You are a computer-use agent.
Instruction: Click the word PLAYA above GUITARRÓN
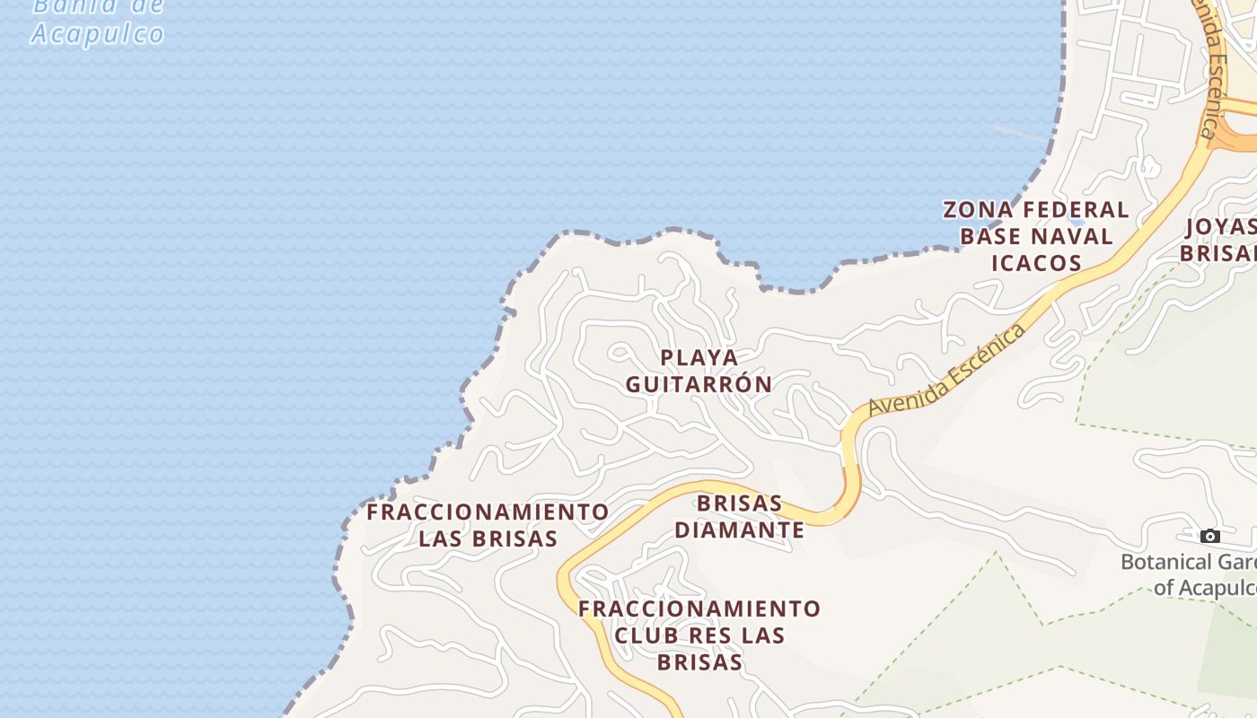tap(699, 357)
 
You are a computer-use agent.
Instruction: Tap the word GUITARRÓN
tap(699, 384)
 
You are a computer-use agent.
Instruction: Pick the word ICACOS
tap(1036, 263)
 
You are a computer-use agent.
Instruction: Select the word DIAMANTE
tap(740, 530)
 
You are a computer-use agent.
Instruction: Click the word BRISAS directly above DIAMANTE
tap(740, 503)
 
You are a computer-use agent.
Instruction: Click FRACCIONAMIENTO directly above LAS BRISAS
tap(488, 512)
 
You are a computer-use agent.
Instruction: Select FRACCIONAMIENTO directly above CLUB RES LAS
tap(699, 609)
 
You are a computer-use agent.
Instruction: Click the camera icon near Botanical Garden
tap(1210, 536)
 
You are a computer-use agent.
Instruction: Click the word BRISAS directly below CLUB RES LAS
tap(699, 662)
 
